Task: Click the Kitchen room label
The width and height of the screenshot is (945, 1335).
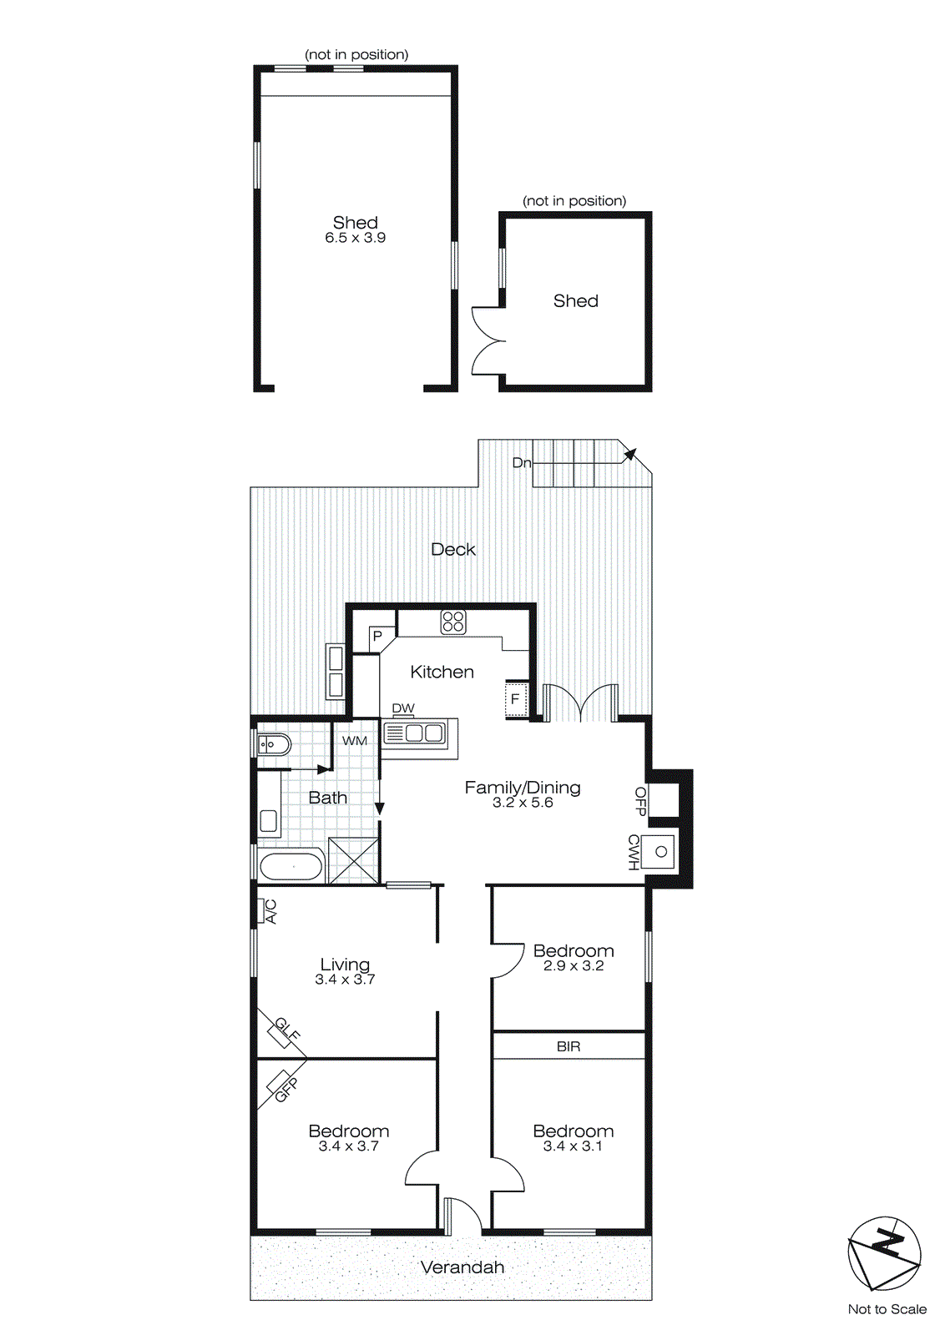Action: point(442,672)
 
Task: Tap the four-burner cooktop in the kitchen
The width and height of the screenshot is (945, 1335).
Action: point(453,622)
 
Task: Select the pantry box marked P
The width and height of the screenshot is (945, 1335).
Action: point(377,637)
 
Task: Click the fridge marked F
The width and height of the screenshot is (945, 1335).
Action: point(515,699)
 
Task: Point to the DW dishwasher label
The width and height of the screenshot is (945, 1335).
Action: point(403,708)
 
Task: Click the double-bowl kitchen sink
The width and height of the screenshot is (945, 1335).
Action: point(415,733)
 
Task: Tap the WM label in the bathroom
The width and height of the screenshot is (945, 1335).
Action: point(355,740)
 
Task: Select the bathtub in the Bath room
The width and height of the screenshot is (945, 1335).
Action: point(291,866)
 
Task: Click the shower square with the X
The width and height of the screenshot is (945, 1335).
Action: point(354,860)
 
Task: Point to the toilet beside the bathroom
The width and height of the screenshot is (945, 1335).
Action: point(273,743)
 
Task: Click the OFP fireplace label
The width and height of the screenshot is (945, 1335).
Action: point(640,801)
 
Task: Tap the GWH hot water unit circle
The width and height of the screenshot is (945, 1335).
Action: point(661,852)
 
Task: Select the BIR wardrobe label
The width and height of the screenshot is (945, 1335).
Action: point(569,1046)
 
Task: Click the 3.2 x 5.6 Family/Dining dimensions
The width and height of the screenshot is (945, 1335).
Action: point(523,803)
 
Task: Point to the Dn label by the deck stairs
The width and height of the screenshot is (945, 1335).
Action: point(521,462)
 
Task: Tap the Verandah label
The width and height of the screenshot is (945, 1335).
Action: point(462,1267)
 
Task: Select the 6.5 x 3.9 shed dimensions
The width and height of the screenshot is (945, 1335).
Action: point(356,238)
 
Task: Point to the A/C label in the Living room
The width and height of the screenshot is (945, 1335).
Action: point(270,911)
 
